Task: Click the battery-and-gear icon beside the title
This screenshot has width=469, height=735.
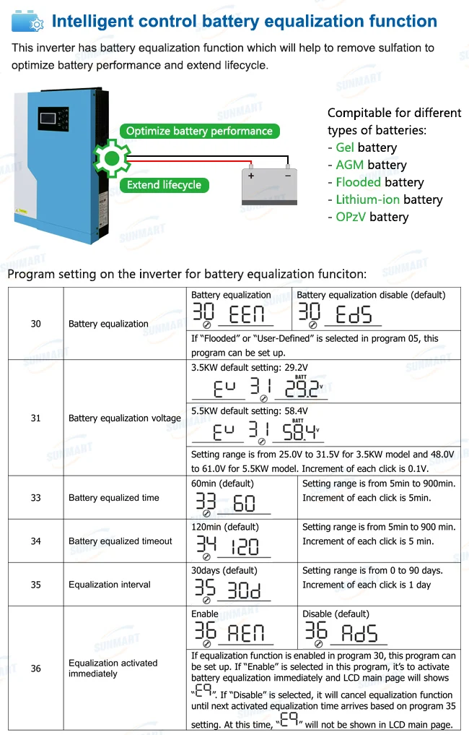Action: point(27,22)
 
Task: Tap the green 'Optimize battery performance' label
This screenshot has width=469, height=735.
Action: point(199,131)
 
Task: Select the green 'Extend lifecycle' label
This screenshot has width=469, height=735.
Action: point(164,185)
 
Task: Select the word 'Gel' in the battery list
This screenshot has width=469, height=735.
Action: point(345,148)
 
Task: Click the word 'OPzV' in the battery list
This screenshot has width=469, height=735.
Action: point(352,218)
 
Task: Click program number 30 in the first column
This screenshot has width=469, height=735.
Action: point(35,324)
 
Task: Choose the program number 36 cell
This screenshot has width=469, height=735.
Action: point(35,669)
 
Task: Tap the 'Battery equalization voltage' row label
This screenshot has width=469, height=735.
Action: point(124,418)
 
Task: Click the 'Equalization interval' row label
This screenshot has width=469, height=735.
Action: point(110,585)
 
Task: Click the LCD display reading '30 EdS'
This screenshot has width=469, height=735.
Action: point(339,314)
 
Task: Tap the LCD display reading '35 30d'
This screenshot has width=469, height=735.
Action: point(229,590)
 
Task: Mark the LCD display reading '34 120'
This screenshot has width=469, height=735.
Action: point(229,546)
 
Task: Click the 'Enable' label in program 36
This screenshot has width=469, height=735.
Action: point(205,614)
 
